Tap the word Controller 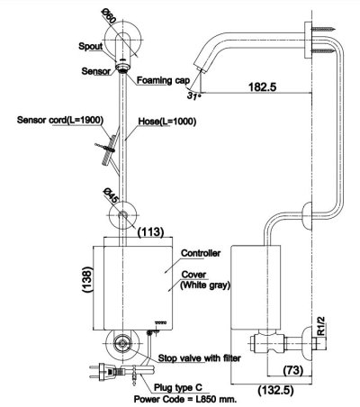click(201, 253)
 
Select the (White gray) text click(206, 285)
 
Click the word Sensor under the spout click(97, 69)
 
